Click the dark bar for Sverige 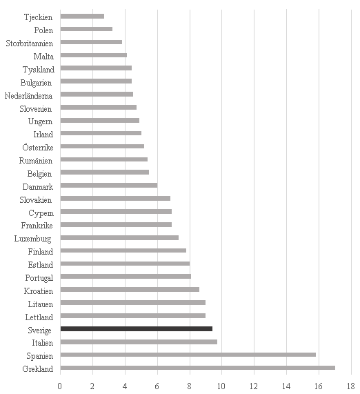click(x=137, y=328)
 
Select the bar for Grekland click(x=198, y=368)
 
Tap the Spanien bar click(x=188, y=355)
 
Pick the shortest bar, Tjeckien click(x=82, y=17)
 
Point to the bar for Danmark click(x=109, y=185)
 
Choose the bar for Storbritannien click(x=91, y=42)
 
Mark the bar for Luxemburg click(x=119, y=237)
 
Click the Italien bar click(x=139, y=342)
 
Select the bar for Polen click(x=86, y=29)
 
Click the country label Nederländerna click(x=28, y=96)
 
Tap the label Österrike click(x=38, y=147)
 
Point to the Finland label click(x=41, y=252)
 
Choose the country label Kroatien click(x=39, y=291)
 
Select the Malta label click(x=43, y=57)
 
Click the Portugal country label click(x=39, y=278)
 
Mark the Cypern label click(x=41, y=213)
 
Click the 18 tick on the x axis click(x=351, y=386)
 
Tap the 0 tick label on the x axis click(x=60, y=386)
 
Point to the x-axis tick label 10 click(x=221, y=386)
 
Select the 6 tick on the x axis click(x=157, y=386)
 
